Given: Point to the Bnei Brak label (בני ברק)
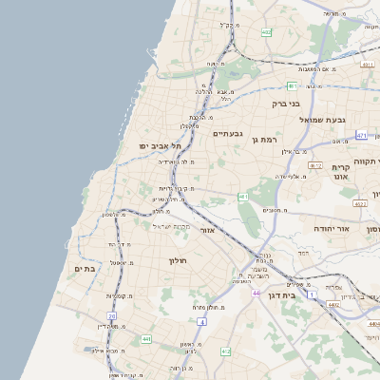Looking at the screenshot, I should tap(286, 103).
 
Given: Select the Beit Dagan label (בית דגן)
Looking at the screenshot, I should tap(303, 296).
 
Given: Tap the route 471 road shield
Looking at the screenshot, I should tap(362, 136).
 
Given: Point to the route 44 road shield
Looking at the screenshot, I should tap(256, 293).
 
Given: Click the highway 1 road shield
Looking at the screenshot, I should tap(313, 295).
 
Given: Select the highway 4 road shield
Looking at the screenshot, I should tap(200, 322).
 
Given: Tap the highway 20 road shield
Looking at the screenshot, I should tap(112, 316).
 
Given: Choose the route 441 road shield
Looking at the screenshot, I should tap(146, 338).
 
